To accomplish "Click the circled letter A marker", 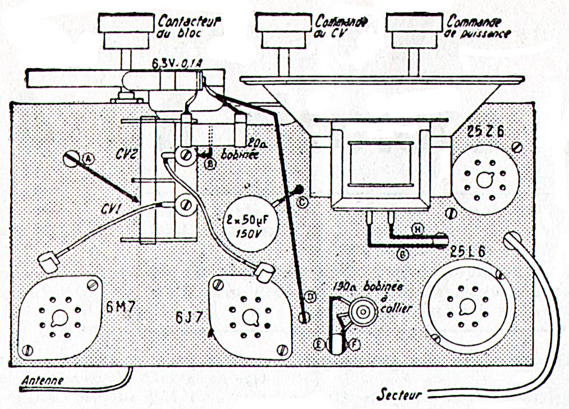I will coord(88,160).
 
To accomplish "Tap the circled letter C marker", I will coord(302,203).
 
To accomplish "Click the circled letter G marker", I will coord(402,254).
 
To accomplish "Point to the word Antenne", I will coord(42,380).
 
